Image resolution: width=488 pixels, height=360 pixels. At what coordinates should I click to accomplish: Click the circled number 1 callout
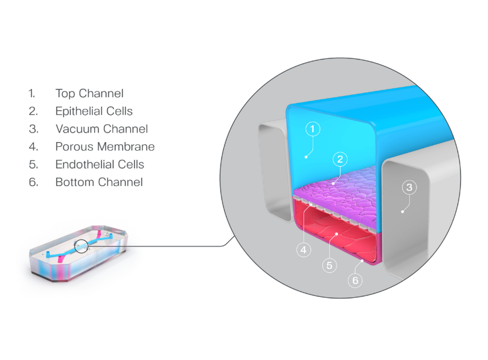coord(312,129)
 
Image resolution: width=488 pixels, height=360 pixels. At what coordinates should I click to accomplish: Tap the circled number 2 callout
coord(340,159)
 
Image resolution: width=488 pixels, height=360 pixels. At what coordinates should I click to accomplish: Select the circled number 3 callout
coord(409,187)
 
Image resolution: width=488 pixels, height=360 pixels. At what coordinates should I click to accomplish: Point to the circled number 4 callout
coord(304,249)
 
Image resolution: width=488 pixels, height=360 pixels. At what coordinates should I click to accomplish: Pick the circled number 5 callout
coord(329,265)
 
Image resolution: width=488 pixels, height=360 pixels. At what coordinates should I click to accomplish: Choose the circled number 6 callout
coord(355,281)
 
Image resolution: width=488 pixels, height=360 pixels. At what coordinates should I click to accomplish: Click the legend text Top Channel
coord(89,94)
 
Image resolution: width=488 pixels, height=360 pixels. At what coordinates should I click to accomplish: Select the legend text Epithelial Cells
coord(94,111)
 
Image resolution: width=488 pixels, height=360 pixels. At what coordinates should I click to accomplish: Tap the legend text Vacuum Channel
coord(102,129)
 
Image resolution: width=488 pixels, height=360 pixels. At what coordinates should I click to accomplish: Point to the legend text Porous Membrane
coord(105,147)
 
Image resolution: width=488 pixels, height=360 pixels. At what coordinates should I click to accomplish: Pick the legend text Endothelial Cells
coord(100,164)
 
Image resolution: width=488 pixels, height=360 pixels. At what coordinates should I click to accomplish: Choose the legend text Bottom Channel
coord(99,182)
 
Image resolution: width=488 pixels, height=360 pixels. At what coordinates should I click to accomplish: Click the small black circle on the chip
coord(81,246)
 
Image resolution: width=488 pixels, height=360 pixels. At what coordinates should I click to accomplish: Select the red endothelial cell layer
coord(334,235)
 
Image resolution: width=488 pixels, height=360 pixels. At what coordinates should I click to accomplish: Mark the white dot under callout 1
coord(306,157)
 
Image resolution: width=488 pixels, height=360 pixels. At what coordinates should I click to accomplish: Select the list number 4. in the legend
coord(33,147)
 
